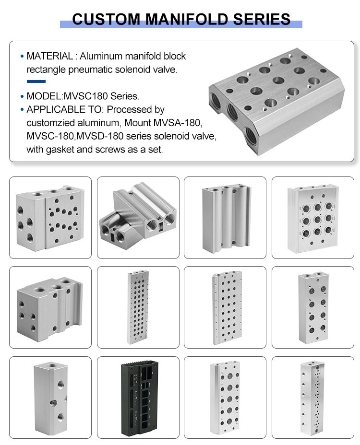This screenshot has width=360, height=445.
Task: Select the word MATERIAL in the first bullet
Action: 50,56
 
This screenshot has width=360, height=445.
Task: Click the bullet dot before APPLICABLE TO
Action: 22,110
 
